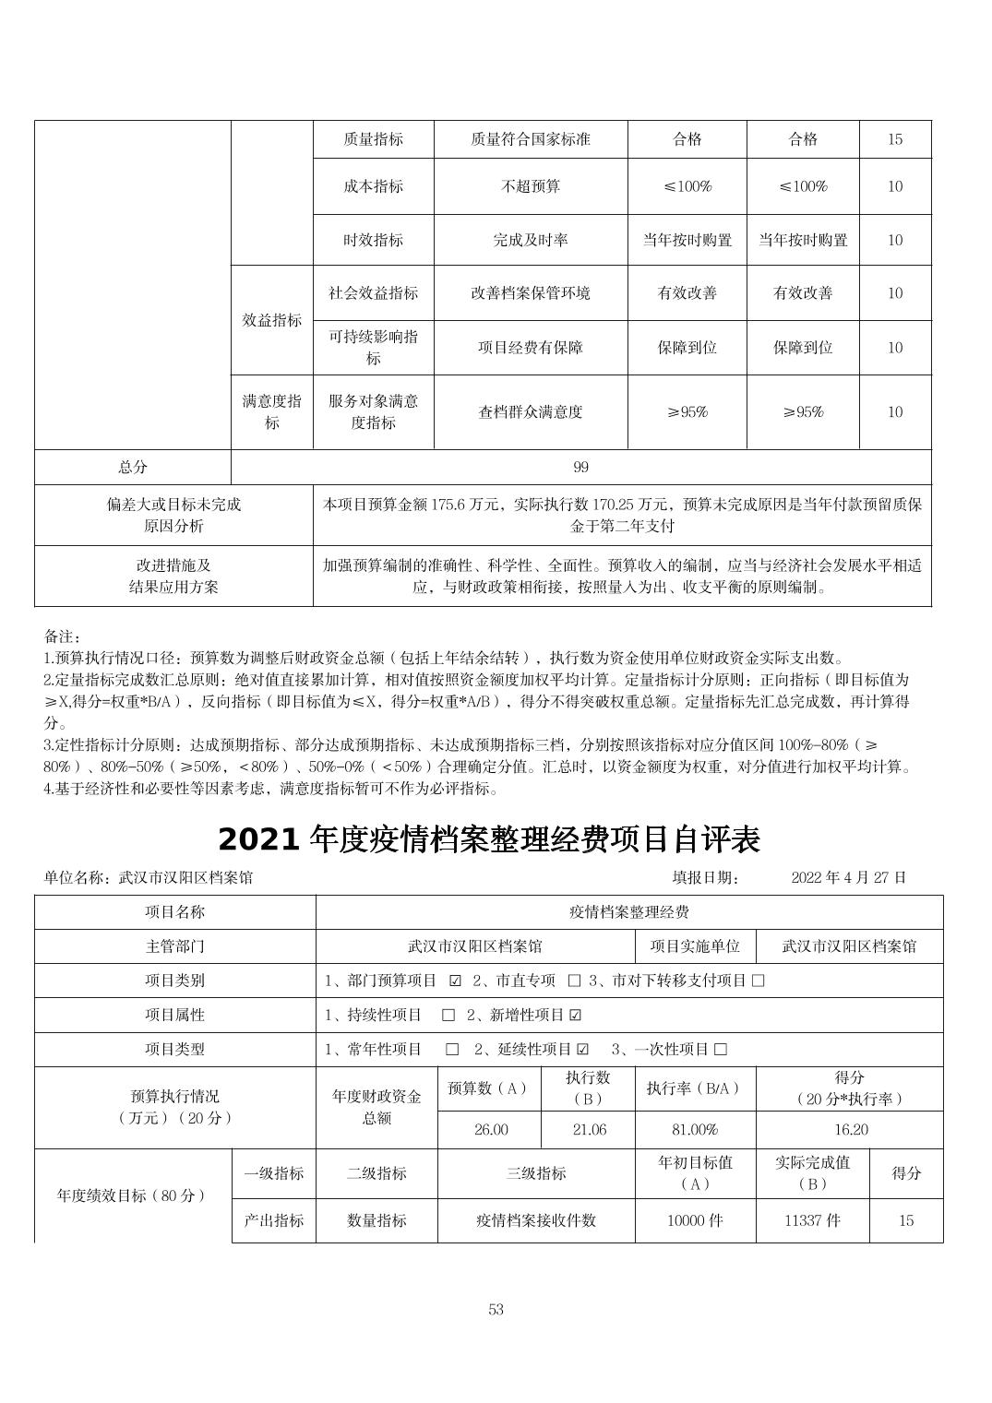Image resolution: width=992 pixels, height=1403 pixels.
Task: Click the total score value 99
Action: click(x=580, y=468)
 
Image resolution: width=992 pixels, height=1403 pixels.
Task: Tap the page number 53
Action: click(x=496, y=1310)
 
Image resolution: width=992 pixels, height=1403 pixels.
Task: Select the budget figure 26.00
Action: click(x=491, y=1130)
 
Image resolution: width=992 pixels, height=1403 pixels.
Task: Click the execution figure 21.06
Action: click(x=590, y=1130)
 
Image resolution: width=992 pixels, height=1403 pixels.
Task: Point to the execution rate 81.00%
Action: click(x=695, y=1130)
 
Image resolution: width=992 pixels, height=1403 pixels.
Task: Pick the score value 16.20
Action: click(x=849, y=1130)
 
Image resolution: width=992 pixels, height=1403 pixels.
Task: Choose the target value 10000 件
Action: click(x=695, y=1220)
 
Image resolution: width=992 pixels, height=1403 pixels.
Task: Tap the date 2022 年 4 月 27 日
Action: click(x=848, y=877)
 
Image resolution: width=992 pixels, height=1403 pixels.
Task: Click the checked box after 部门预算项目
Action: click(x=455, y=981)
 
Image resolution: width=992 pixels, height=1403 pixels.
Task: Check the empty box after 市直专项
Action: click(x=574, y=981)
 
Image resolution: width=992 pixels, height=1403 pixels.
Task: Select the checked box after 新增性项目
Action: click(x=576, y=1016)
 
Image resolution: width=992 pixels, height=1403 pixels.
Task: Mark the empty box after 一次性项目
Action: click(x=721, y=1050)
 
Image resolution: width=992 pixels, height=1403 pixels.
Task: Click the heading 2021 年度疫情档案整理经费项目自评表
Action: click(x=489, y=839)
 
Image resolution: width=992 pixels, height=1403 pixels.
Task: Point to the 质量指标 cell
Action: click(x=373, y=139)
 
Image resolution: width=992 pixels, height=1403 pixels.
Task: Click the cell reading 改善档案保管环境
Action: click(x=531, y=293)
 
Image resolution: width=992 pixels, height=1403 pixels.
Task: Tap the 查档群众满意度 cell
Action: click(x=531, y=412)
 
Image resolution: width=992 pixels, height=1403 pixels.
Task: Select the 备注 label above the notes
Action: click(x=63, y=636)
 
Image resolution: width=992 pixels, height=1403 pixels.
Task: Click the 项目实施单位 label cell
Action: click(x=695, y=946)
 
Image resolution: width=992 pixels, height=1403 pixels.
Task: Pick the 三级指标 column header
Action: click(x=536, y=1173)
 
